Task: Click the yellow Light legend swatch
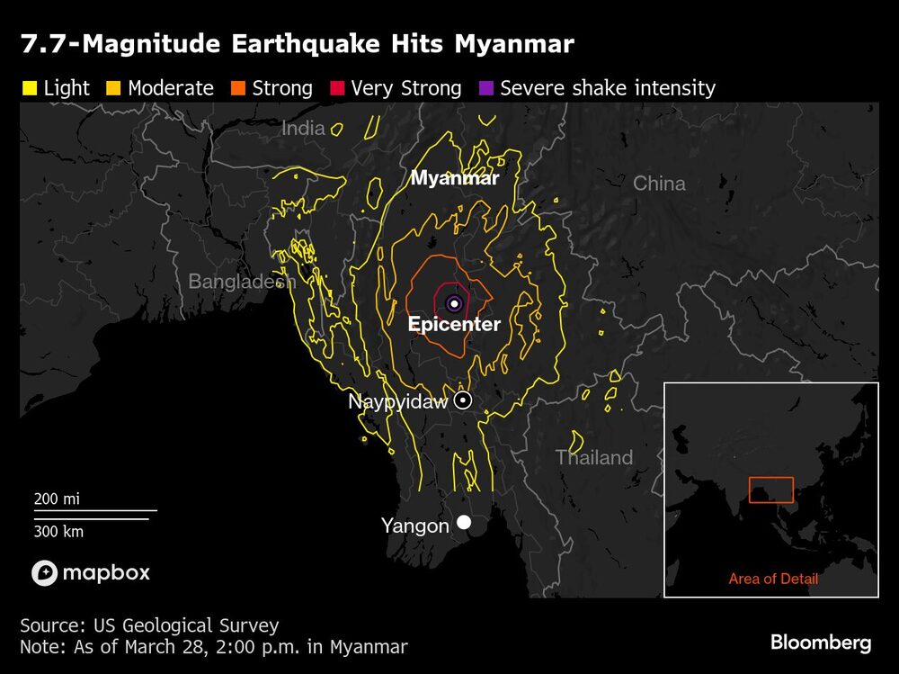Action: click(x=28, y=88)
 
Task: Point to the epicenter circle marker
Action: click(x=454, y=303)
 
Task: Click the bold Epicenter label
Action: click(x=454, y=325)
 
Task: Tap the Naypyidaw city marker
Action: click(x=462, y=400)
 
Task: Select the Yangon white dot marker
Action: click(x=464, y=522)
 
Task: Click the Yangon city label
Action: click(x=414, y=526)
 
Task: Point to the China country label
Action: click(x=659, y=184)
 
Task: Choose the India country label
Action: click(x=303, y=129)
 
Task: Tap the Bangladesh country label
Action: click(x=242, y=282)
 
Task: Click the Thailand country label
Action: click(x=594, y=457)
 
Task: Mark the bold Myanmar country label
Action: click(x=454, y=178)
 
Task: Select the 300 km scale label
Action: click(x=58, y=531)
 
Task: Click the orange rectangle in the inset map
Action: click(x=771, y=490)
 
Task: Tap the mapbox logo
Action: click(x=91, y=572)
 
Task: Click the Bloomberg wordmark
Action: click(x=820, y=643)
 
